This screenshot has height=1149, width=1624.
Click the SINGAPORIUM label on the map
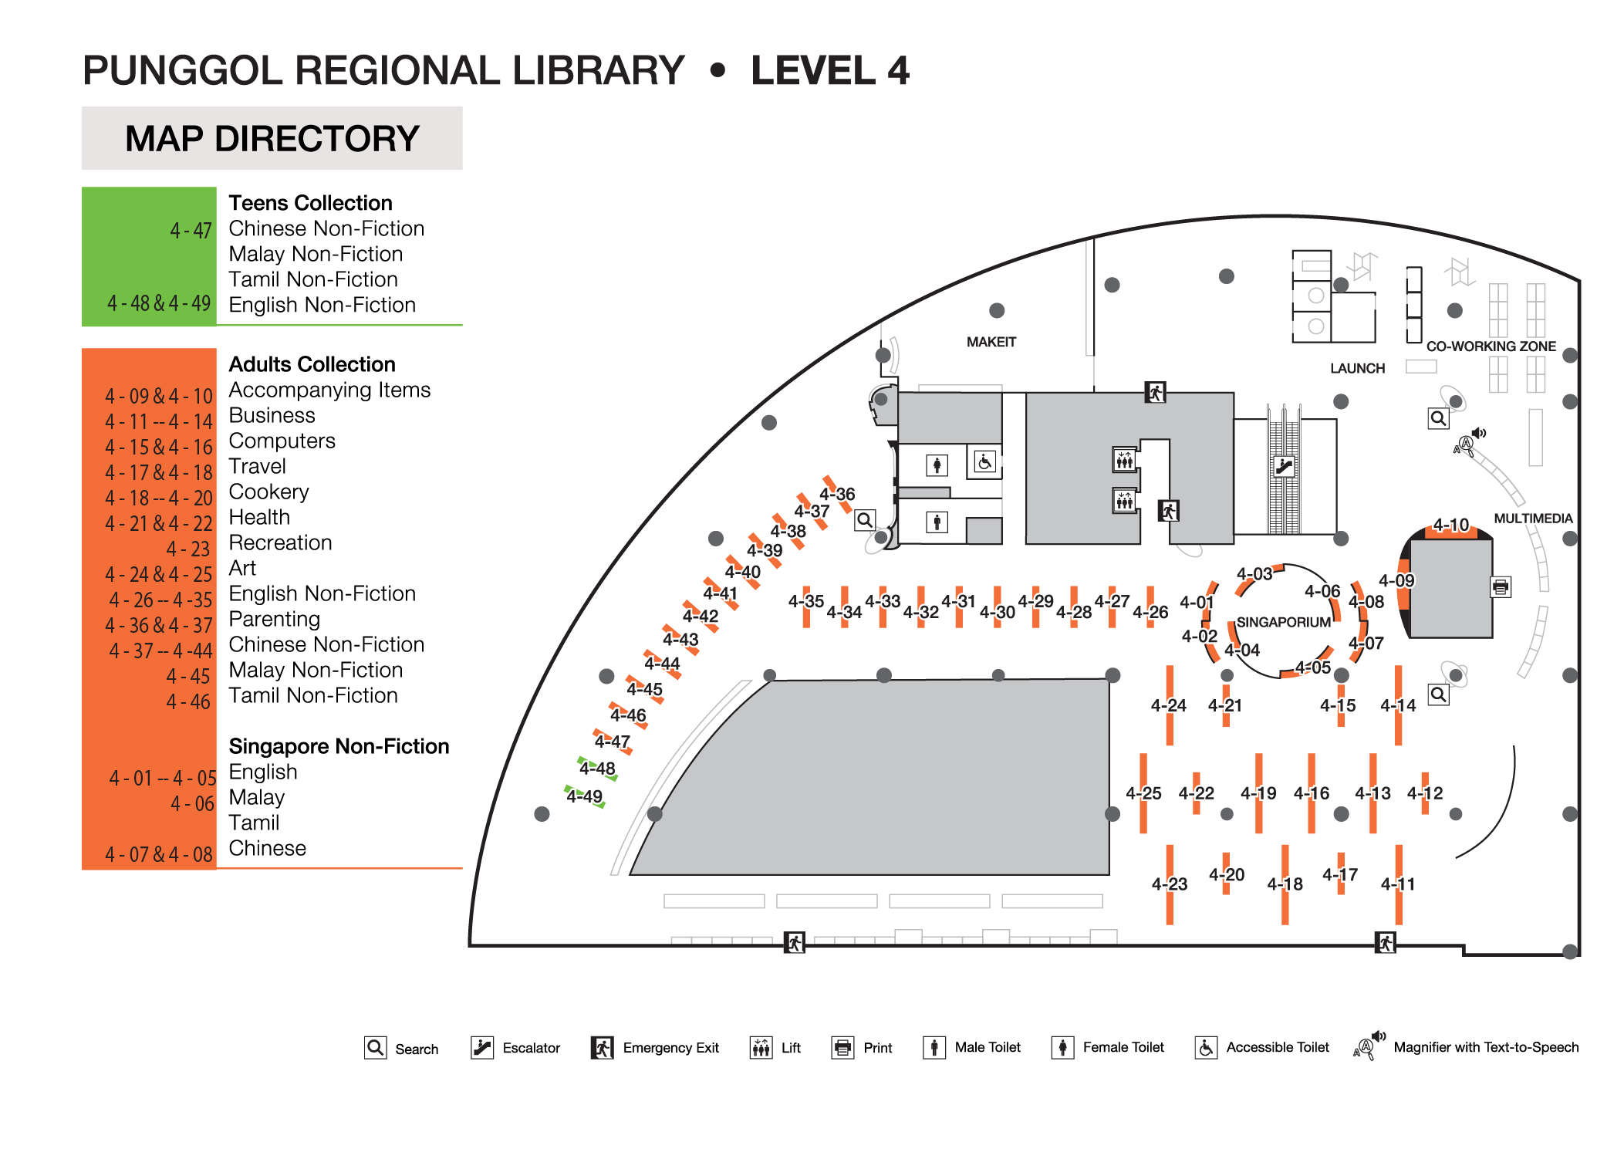(1283, 622)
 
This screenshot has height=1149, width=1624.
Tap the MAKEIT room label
(991, 342)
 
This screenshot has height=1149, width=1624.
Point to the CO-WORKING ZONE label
(1491, 346)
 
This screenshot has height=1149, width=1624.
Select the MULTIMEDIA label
(1533, 519)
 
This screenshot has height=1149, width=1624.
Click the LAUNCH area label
(1357, 368)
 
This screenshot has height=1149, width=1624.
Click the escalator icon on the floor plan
(1284, 465)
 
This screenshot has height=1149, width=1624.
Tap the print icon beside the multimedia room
(1500, 587)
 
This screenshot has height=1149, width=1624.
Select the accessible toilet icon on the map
(984, 462)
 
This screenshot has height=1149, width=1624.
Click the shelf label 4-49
(584, 796)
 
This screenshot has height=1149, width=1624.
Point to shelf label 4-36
(837, 494)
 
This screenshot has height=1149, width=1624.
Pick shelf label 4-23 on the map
(1169, 884)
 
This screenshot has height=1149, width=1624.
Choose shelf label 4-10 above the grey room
(1450, 525)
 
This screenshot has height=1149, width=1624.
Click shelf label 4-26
(1150, 612)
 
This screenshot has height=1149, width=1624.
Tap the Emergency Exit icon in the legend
(602, 1048)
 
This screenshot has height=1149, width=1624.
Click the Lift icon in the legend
(761, 1048)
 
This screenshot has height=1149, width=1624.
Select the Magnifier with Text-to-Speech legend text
(1485, 1047)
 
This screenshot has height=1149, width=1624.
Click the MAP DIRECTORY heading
(272, 139)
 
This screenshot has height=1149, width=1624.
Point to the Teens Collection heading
(310, 203)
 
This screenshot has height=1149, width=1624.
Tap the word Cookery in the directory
(268, 492)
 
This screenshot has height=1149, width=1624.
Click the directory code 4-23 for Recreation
(188, 549)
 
